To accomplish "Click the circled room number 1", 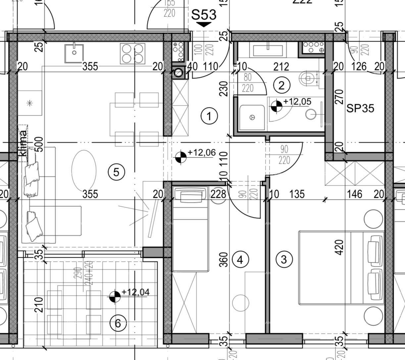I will pos(209,116).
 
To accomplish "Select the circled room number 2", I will pos(281,85).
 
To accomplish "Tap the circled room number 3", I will pos(284,259).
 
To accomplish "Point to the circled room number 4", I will pos(240,259).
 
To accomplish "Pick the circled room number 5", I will pos(116,172).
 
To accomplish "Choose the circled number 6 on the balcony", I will pos(118,323).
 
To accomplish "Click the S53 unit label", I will pos(204,15).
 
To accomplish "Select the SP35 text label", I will pos(360,108).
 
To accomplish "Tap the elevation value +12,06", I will pos(201,153).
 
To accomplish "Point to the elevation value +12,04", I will pos(135,292).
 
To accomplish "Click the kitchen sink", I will pos(74,53).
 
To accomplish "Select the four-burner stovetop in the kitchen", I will pos(132,54).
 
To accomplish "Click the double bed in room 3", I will pos(341,267).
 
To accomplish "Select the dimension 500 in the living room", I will pos(39,144).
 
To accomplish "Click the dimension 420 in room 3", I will pos(339,247).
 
